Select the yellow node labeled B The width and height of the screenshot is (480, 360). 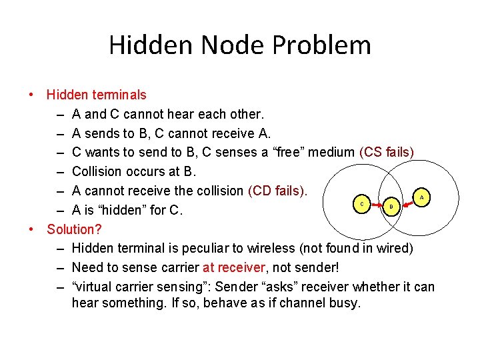pos(392,207)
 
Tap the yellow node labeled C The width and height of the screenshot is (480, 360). pos(361,202)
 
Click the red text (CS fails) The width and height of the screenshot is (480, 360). pos(387,153)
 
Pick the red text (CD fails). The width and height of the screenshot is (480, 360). pos(277,191)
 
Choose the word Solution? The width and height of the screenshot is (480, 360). pos(74,229)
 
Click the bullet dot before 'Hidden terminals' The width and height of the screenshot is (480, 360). pos(31,95)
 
